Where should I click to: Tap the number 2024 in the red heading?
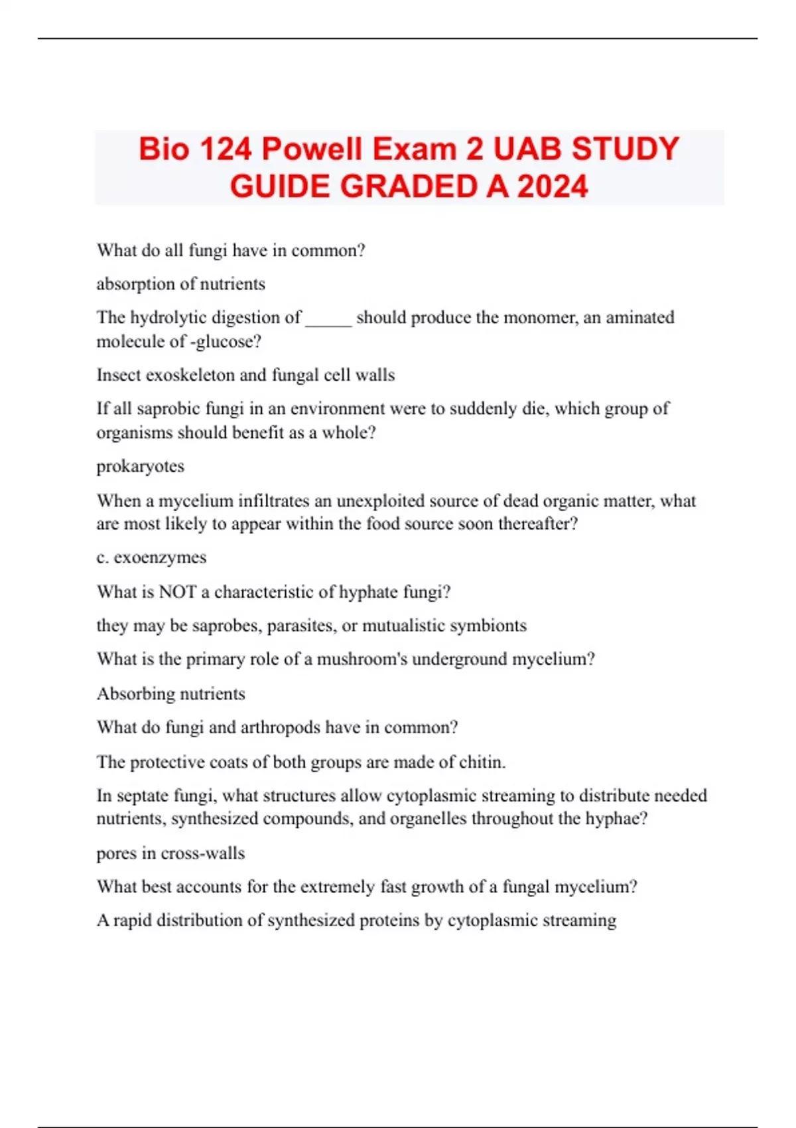(553, 186)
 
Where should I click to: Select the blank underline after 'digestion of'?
(328, 318)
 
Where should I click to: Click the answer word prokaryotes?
(140, 466)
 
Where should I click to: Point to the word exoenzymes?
(160, 557)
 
